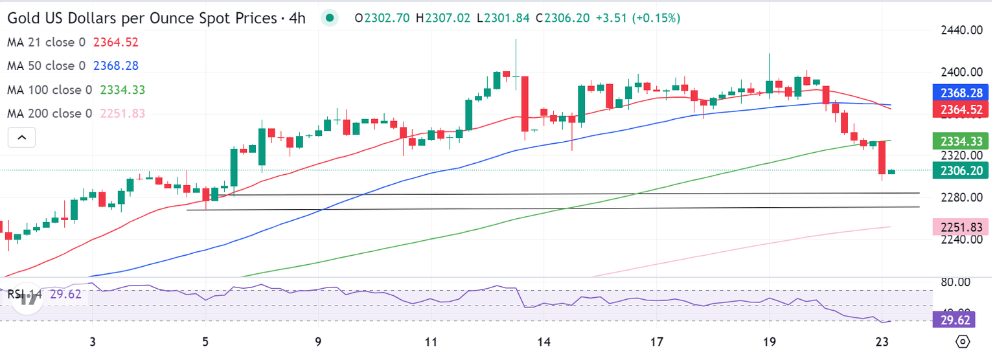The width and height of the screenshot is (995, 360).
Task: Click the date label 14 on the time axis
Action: [543, 342]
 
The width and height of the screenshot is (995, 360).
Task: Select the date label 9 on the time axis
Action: [318, 342]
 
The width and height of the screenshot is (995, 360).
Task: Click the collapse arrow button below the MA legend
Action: [21, 137]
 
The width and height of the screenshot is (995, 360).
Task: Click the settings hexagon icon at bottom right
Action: [963, 342]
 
